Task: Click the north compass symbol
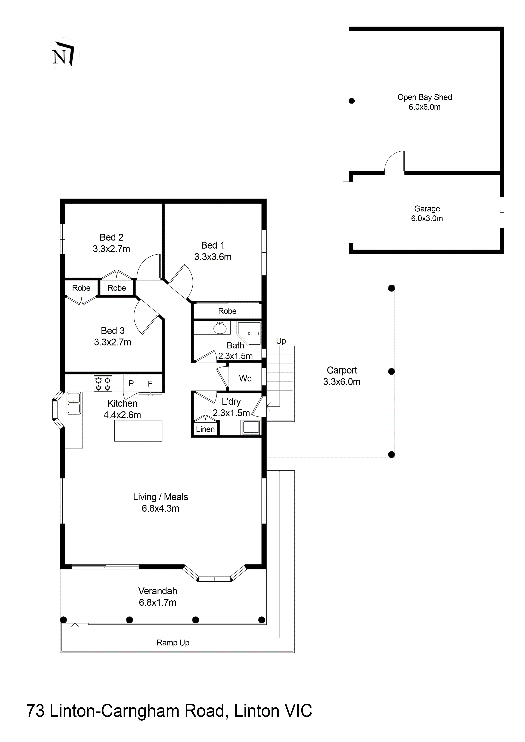[63, 54]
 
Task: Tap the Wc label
[245, 378]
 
